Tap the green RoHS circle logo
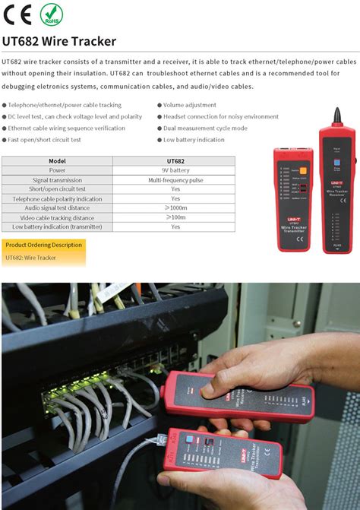(x=51, y=14)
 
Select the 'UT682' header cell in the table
(x=175, y=161)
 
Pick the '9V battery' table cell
(x=175, y=170)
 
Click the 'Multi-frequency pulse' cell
(x=175, y=179)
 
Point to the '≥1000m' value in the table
(x=175, y=207)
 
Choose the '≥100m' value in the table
(x=175, y=217)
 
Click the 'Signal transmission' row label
(x=57, y=179)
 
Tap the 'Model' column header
(x=57, y=161)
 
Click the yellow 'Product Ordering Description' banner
(x=43, y=245)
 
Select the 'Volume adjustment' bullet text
(x=189, y=105)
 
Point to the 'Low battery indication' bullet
(x=194, y=140)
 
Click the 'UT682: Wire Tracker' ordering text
(x=30, y=258)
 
